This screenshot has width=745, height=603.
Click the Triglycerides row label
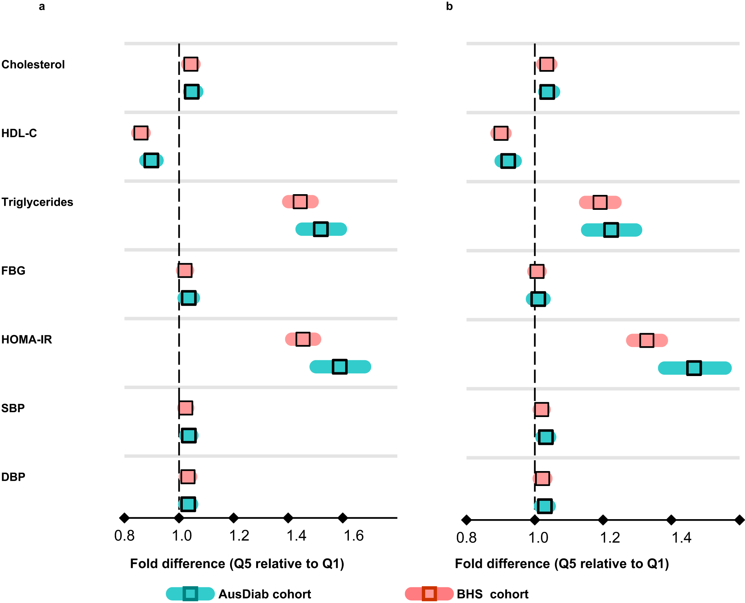tap(37, 202)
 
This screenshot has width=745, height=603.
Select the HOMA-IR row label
tap(27, 340)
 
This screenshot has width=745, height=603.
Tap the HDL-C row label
tap(19, 133)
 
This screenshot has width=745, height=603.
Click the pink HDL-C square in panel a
tap(141, 133)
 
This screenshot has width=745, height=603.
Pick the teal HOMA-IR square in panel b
tap(694, 368)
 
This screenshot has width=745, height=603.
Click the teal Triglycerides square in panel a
tap(321, 229)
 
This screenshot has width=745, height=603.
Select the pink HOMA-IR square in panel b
tap(647, 340)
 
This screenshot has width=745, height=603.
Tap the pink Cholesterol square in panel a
tap(191, 64)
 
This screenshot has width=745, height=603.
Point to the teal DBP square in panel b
tap(545, 506)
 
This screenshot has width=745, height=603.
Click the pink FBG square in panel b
tap(537, 271)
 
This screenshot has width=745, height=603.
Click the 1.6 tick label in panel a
tap(353, 536)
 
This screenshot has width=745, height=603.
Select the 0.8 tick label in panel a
tap(124, 536)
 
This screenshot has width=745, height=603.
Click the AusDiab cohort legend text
tap(264, 594)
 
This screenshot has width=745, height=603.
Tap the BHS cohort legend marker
tap(429, 594)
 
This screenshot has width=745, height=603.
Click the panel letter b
tap(449, 6)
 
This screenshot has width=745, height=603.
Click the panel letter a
tap(42, 6)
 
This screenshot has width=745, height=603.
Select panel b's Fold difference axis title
tap(562, 563)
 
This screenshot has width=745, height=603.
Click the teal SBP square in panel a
tap(188, 435)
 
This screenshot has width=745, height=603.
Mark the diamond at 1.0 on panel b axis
tap(535, 520)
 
